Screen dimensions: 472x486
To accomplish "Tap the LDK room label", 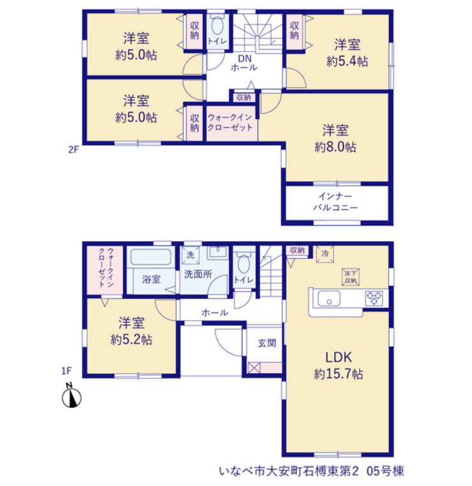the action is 338,357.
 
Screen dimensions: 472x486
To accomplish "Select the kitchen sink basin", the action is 329,298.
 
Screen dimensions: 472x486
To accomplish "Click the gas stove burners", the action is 374,298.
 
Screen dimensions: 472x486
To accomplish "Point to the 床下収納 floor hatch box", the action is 351,277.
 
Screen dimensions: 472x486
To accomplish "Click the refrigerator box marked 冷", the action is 325,254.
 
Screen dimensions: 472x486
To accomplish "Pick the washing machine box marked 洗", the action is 190,255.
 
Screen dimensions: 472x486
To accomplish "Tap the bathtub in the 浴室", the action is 151,257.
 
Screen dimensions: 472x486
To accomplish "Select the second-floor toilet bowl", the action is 218,26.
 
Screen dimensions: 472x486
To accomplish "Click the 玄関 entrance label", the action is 267,343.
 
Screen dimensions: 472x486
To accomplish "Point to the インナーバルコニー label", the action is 336,202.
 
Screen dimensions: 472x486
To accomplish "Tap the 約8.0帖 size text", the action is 336,147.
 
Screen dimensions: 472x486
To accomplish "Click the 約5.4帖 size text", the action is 347,61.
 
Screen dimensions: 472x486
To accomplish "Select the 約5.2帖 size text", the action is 131,340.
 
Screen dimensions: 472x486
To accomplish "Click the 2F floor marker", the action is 73,150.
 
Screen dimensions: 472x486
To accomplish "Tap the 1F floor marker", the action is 66,371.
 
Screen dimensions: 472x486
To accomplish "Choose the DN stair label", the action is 244,59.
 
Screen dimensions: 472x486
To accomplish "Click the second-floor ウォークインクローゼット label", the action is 230,122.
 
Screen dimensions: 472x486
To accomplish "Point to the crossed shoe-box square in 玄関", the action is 253,367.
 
